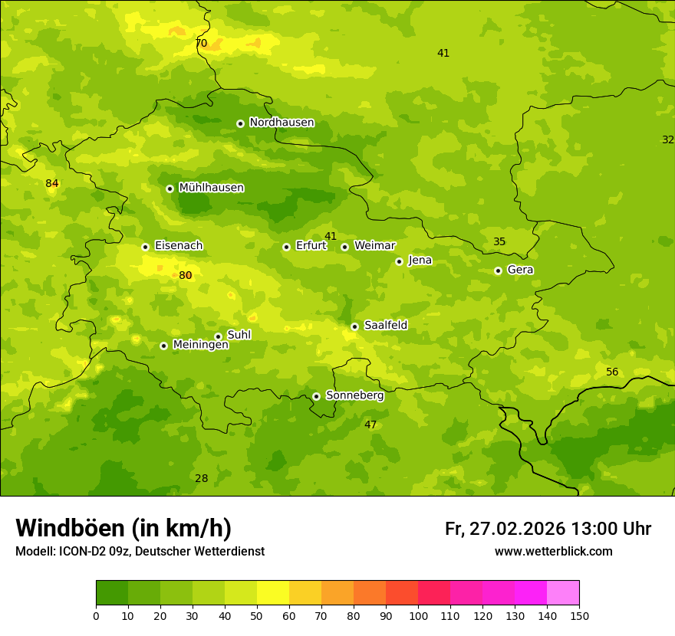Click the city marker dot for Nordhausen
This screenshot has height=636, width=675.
tap(240, 123)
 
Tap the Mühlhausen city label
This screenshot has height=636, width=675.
tap(212, 188)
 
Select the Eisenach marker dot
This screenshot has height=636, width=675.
tap(145, 247)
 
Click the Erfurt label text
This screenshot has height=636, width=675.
tap(311, 246)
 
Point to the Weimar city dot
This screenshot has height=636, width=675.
tap(344, 247)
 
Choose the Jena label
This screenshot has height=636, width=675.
tap(420, 261)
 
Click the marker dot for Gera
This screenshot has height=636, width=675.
tap(498, 270)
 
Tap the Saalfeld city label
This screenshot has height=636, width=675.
tap(386, 326)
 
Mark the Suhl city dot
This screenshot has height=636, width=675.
tap(218, 336)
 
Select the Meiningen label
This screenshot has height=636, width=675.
tap(200, 345)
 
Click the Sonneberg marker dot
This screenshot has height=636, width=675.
tap(316, 396)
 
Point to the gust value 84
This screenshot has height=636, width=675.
tap(52, 184)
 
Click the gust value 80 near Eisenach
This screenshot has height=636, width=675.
tap(186, 276)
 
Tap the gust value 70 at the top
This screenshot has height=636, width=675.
tap(201, 44)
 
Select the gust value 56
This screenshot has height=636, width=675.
tap(612, 372)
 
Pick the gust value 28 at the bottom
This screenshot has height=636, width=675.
tap(201, 479)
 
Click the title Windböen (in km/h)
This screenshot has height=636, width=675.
tap(123, 528)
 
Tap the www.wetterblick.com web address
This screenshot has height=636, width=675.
tap(553, 552)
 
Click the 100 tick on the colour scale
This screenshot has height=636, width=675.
tap(418, 615)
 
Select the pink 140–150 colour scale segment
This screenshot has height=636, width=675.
tap(563, 593)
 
